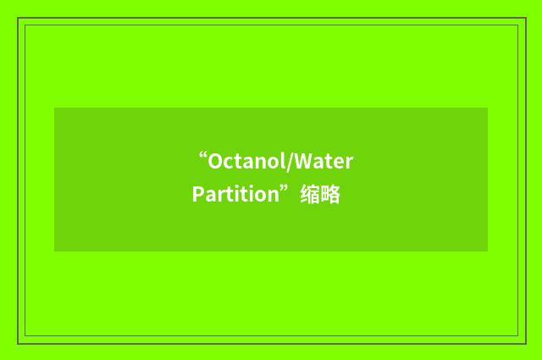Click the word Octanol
(248, 161)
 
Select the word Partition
(235, 195)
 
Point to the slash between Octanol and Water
(292, 161)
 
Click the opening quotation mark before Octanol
(202, 156)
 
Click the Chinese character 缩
(310, 195)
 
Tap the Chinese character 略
(330, 195)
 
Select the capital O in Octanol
(216, 161)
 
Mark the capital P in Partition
(198, 195)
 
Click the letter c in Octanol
(230, 162)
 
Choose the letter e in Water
(340, 162)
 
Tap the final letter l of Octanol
(286, 161)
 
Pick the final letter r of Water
(349, 162)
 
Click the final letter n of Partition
(273, 196)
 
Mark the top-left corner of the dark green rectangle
(55, 108)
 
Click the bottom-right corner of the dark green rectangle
(487, 251)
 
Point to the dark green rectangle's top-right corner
(487, 108)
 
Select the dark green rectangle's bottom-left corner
(55, 251)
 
